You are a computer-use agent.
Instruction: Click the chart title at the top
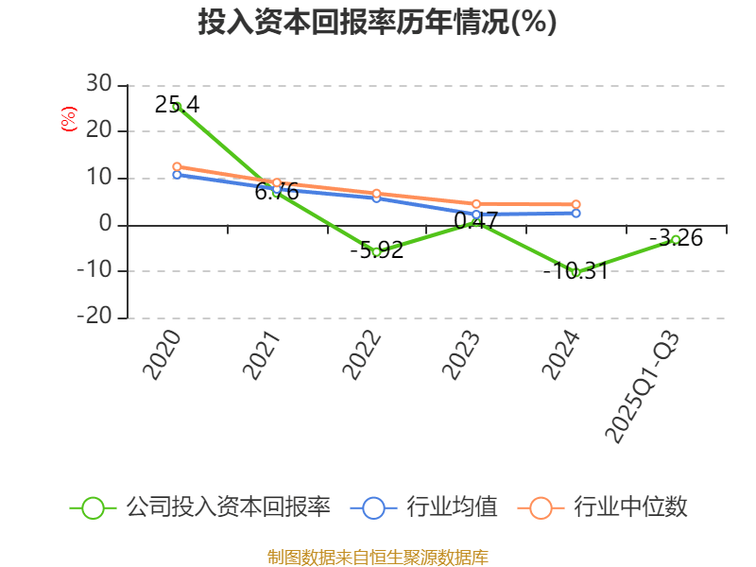point(377,22)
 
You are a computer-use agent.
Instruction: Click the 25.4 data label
point(177,105)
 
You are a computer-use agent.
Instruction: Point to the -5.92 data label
point(376,250)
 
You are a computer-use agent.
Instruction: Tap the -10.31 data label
point(575,271)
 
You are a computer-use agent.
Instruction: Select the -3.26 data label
point(676,237)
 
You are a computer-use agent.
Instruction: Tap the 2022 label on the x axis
point(361,355)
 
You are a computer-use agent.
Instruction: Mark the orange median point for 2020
point(177,167)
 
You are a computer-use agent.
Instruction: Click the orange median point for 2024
point(576,204)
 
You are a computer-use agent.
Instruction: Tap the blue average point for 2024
point(576,214)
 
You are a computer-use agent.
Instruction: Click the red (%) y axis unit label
point(68,119)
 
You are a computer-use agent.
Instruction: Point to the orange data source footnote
point(377,557)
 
